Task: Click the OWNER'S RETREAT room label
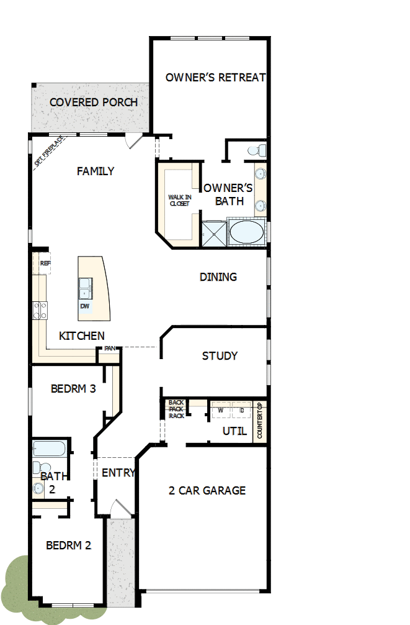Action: click(x=215, y=78)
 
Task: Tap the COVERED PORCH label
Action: click(x=94, y=102)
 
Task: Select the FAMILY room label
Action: click(x=96, y=171)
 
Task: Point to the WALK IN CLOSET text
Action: click(x=180, y=200)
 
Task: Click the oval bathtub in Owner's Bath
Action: click(x=246, y=234)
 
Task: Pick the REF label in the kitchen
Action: click(x=45, y=263)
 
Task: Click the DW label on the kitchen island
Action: click(x=84, y=306)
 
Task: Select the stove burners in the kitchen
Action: click(x=40, y=310)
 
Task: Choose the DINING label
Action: click(x=218, y=277)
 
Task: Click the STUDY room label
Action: click(x=220, y=356)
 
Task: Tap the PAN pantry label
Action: click(x=110, y=349)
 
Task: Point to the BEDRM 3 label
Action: click(x=73, y=389)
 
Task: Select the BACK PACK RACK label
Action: click(x=176, y=409)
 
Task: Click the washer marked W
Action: click(x=221, y=411)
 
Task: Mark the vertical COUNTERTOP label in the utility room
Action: click(x=260, y=422)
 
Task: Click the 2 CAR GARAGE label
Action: click(x=207, y=490)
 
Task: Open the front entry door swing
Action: click(x=121, y=509)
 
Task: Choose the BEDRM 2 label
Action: click(x=69, y=545)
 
